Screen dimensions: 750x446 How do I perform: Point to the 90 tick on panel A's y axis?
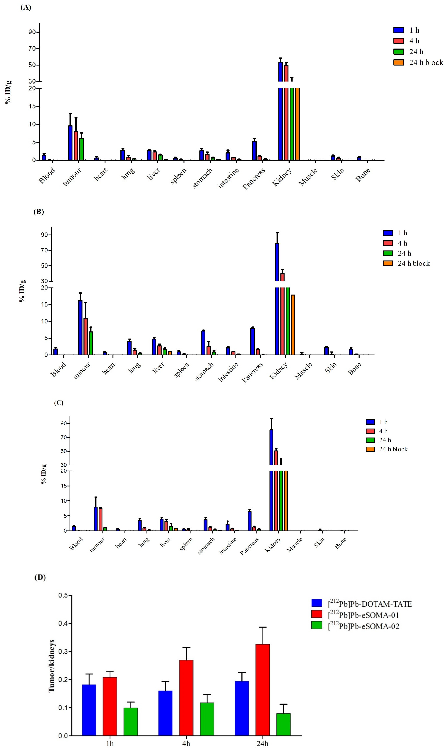point(32,32)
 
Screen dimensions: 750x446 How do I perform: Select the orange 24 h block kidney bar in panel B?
point(293,324)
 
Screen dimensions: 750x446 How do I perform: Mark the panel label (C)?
point(59,403)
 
